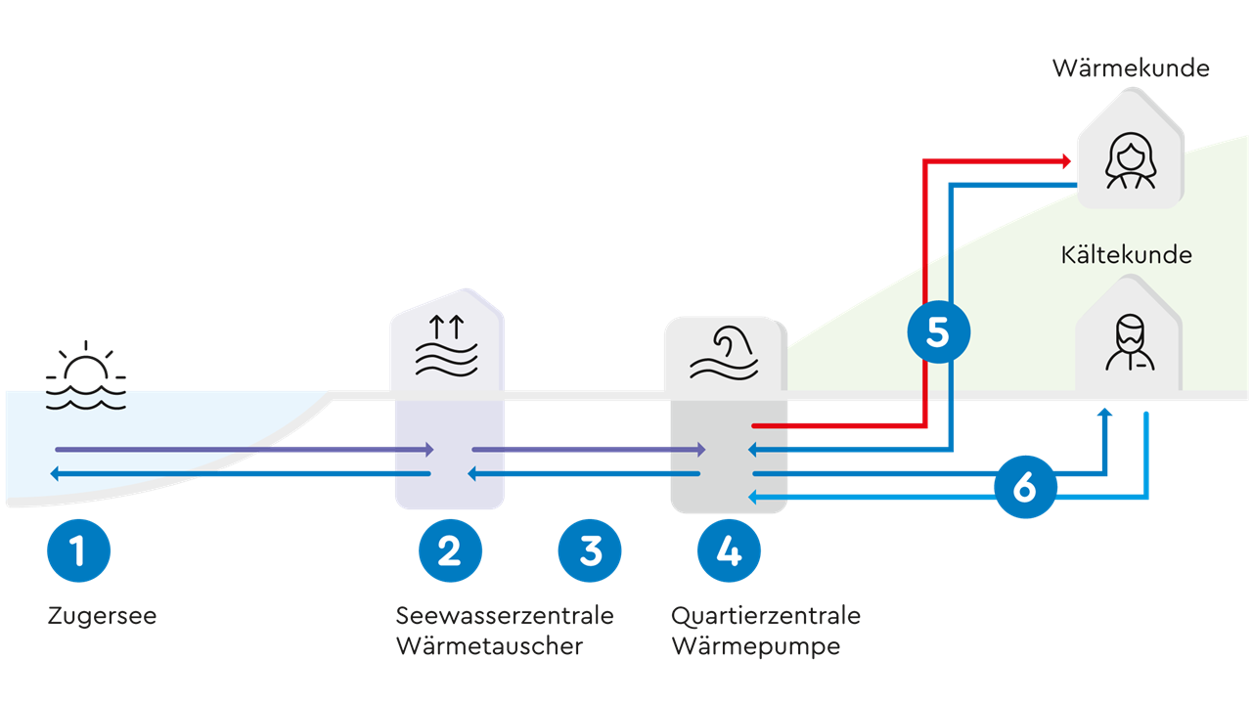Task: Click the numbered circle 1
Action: tap(78, 550)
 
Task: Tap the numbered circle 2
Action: tap(450, 550)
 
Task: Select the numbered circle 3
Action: tap(589, 550)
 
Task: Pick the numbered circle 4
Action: tap(729, 550)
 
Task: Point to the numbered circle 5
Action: tap(937, 332)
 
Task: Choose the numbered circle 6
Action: tap(1024, 486)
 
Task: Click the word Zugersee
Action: tap(102, 617)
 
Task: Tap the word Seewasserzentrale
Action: tap(505, 616)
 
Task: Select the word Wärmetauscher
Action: tap(489, 646)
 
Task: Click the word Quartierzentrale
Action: tap(766, 616)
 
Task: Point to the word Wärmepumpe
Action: tap(755, 646)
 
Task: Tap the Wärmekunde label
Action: tap(1131, 68)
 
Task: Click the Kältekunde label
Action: tap(1127, 255)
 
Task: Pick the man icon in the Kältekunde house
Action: tap(1130, 342)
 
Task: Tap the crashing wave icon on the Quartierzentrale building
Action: tap(724, 354)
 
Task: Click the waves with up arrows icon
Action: tap(447, 347)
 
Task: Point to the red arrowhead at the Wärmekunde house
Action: tap(1067, 159)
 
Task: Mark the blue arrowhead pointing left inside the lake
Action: tap(56, 474)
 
